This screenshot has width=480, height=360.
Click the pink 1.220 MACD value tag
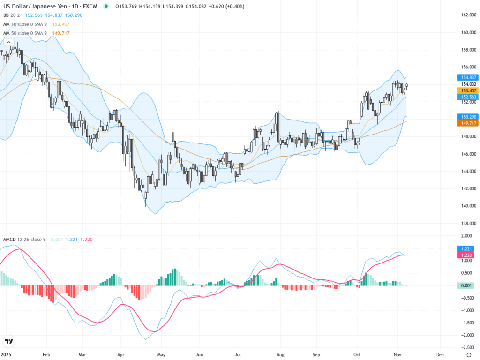coord(466,255)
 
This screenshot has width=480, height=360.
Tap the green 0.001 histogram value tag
coord(466,285)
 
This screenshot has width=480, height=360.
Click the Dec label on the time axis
coord(440,355)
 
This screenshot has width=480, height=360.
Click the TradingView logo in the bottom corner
coord(8,341)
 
